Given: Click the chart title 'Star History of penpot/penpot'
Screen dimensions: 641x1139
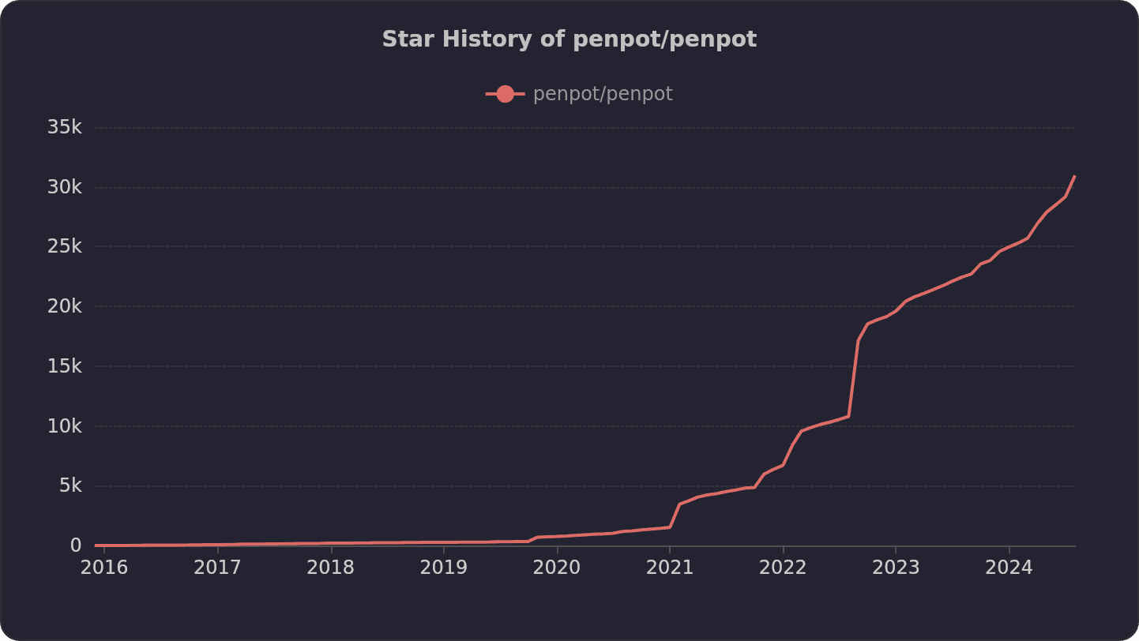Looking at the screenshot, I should click(569, 39).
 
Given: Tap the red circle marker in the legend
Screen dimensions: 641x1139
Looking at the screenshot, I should click(506, 94).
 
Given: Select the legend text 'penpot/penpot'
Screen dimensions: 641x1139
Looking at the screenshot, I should click(603, 94).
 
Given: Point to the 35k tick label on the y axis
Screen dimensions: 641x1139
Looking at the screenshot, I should click(64, 127).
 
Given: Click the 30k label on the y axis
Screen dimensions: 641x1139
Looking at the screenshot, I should click(64, 187).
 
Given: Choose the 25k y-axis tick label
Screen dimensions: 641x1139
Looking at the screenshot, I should click(64, 246).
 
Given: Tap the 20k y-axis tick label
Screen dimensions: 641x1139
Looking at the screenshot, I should click(64, 306).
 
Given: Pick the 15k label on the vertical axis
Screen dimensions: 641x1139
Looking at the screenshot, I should click(64, 366).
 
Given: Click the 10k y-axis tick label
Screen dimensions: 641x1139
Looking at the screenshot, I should click(64, 426).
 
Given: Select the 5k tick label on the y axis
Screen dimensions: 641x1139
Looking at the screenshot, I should click(70, 485).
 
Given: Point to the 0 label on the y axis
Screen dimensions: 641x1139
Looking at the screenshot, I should click(76, 545).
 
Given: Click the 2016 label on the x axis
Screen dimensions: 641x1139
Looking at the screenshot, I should click(103, 568).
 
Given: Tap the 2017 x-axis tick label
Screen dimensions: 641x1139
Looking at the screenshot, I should click(217, 568).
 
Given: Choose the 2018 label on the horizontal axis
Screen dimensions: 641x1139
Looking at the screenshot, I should click(330, 568).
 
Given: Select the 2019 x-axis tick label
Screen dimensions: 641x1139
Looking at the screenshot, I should click(443, 568).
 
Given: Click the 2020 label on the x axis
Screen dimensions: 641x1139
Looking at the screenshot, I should click(557, 568).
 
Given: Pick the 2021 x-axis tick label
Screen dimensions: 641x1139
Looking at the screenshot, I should click(670, 568).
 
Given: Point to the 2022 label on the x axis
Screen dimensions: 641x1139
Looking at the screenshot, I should click(783, 568).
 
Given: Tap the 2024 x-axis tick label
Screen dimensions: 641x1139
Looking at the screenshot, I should click(1009, 568).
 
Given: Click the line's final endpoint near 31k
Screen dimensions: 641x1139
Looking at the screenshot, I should click(1074, 176).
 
